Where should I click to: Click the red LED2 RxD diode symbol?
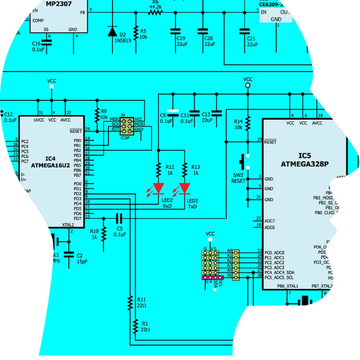[x=159, y=188]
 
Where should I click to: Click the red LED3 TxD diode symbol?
[x=184, y=188]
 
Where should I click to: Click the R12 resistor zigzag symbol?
[x=159, y=170]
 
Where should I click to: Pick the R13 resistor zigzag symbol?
[x=184, y=170]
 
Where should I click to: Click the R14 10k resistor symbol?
[x=248, y=123]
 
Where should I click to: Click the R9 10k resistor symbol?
[x=96, y=115]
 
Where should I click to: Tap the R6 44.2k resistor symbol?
[x=156, y=12]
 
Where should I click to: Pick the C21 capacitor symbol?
[x=242, y=31]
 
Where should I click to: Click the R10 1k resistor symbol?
[x=104, y=233]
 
